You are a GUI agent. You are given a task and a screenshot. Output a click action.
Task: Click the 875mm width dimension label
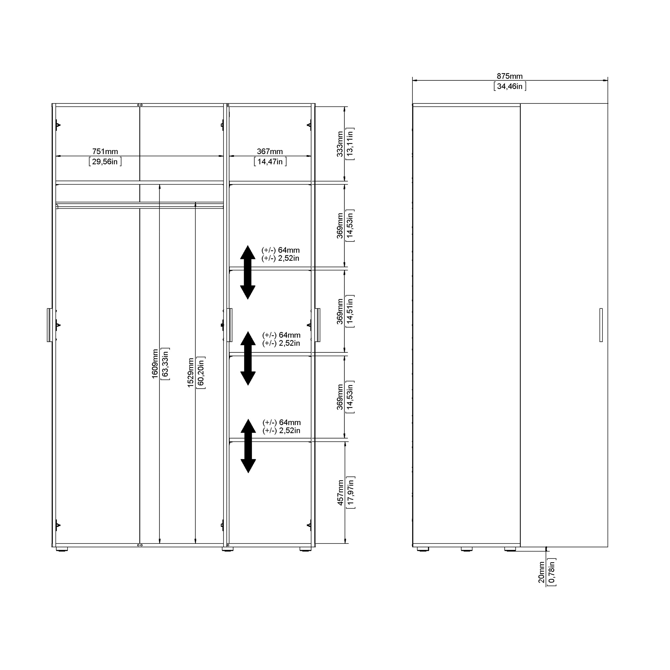509,76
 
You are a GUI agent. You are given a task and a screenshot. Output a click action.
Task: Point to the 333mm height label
340,144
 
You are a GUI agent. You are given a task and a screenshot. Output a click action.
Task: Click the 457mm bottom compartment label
341,492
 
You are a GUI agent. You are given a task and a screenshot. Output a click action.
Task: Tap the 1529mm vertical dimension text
190,373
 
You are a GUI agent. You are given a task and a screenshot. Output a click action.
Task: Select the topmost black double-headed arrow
248,272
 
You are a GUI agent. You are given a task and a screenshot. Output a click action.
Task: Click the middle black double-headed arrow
248,358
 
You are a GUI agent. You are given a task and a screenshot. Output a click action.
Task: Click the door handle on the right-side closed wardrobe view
601,325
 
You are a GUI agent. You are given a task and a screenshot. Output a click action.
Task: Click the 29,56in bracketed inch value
105,162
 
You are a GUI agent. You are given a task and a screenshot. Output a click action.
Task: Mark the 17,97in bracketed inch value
351,492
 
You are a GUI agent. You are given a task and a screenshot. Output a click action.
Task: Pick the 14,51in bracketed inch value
350,311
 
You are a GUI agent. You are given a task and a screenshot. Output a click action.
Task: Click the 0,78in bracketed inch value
551,572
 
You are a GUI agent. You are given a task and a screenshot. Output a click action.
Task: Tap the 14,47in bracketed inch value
270,162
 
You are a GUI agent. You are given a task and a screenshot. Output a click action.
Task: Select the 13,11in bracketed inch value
350,144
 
